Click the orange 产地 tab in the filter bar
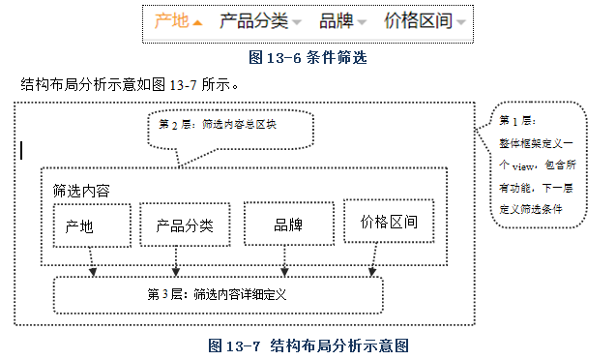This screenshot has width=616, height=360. pos(171,20)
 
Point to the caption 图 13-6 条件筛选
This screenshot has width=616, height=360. pos(308,57)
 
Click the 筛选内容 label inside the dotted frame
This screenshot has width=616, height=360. pos(81,191)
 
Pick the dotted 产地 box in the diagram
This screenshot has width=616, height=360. pos(92,225)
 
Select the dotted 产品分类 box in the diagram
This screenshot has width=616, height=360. pos(184,225)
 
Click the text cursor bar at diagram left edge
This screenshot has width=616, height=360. pos(21,149)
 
